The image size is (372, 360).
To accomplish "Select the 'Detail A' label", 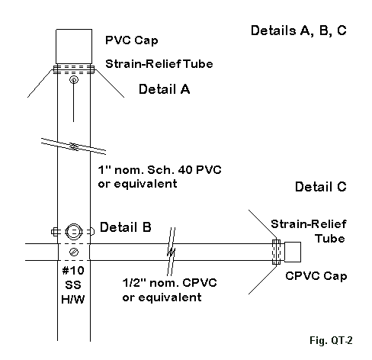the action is (164, 89).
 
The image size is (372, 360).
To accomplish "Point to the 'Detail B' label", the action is (126, 227).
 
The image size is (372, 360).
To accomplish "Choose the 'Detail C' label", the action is (321, 187).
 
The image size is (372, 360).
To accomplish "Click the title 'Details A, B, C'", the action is (299, 31).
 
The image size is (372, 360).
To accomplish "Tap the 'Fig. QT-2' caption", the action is (331, 340).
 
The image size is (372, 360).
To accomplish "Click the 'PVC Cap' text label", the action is (132, 40).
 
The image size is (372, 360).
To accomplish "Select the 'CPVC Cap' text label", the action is (316, 276).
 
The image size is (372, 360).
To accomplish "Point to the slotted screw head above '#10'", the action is (74, 252).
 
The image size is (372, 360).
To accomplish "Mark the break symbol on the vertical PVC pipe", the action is (74, 146).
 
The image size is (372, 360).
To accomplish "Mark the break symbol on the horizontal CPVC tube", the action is (172, 252).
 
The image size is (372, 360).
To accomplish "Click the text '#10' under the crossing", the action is (73, 271).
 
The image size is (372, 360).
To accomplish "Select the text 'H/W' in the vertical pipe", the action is (73, 300).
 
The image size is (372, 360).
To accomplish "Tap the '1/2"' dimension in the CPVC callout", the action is (133, 283).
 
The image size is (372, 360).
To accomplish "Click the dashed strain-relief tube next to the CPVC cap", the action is (276, 252).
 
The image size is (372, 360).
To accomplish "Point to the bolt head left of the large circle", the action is (55, 232).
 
